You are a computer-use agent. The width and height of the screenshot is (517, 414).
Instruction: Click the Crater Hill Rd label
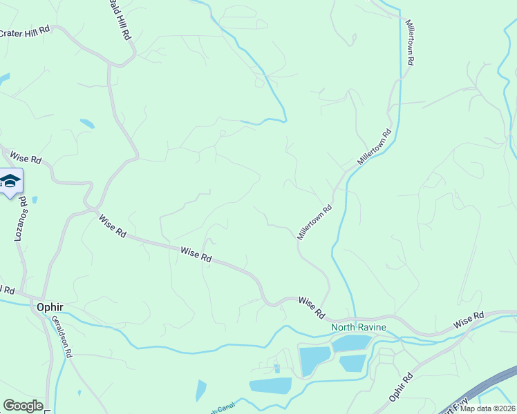[x=26, y=31]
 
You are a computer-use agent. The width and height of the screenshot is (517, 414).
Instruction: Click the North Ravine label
[x=358, y=327]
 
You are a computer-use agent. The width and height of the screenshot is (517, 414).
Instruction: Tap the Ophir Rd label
[x=400, y=386]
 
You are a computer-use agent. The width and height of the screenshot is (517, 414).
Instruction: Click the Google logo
[x=23, y=406]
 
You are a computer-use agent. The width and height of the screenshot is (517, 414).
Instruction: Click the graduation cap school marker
[x=10, y=181]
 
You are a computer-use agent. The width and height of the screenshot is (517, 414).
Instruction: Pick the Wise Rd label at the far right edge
[x=469, y=320]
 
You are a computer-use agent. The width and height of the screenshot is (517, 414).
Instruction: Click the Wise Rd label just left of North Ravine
[x=312, y=307]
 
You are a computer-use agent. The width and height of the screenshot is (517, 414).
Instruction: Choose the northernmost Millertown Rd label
[x=410, y=42]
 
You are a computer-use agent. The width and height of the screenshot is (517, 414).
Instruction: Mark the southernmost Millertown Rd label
[x=315, y=221]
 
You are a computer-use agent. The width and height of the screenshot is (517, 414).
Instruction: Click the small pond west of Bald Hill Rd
[x=87, y=124]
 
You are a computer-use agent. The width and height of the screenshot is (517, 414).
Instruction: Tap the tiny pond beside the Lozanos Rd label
[x=35, y=200]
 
